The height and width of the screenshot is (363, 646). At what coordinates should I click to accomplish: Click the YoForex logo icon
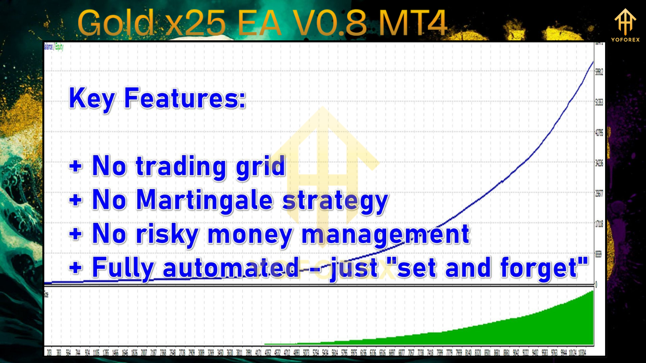pos(625,21)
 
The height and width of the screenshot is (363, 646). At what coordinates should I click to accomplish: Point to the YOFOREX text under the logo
pos(626,40)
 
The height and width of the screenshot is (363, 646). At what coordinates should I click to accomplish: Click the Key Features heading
pos(157,98)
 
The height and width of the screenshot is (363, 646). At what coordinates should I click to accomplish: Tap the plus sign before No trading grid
pos(76,166)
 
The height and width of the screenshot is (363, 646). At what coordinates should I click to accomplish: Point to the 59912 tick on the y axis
pos(600,72)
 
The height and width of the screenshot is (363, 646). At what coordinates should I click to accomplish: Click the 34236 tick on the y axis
pos(600,163)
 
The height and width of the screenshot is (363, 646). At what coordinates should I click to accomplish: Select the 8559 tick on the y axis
pos(599,254)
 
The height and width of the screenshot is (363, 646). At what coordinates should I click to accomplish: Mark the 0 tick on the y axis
pos(597,284)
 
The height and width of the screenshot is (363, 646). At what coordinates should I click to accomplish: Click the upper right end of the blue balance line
pos(593,62)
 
